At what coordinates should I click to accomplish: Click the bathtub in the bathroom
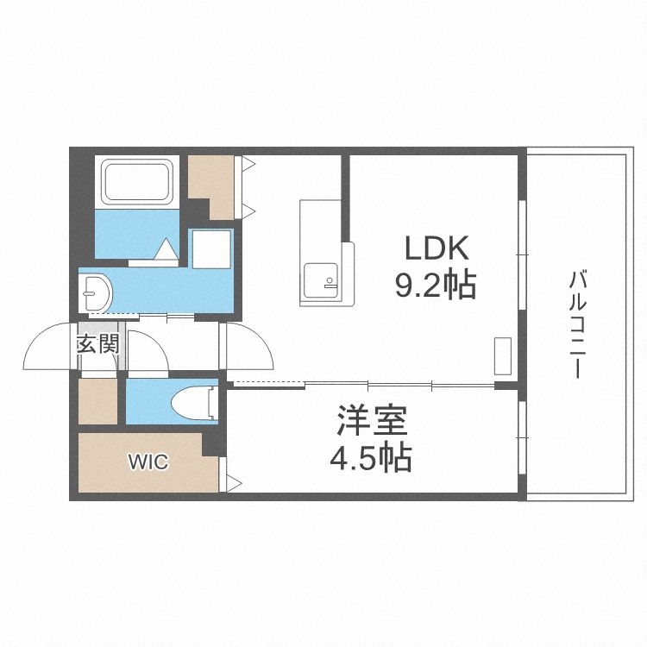(138, 182)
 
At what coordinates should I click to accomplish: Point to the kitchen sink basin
(322, 280)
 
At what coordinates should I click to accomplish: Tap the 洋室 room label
(372, 423)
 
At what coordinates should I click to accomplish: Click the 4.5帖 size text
(371, 457)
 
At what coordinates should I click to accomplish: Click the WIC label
(148, 462)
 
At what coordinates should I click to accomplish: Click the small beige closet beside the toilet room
(97, 402)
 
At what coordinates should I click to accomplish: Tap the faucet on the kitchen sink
(327, 280)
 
